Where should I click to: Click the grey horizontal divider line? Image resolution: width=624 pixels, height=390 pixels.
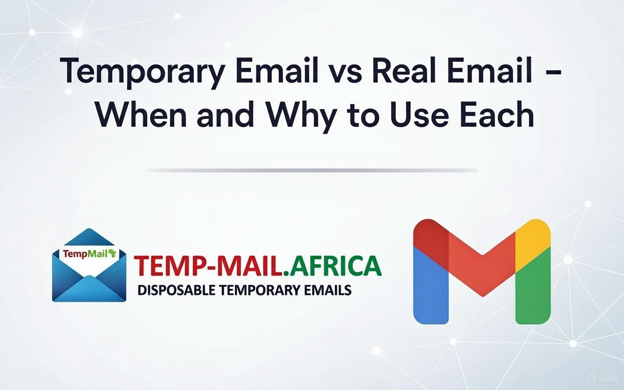pyautogui.click(x=312, y=171)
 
